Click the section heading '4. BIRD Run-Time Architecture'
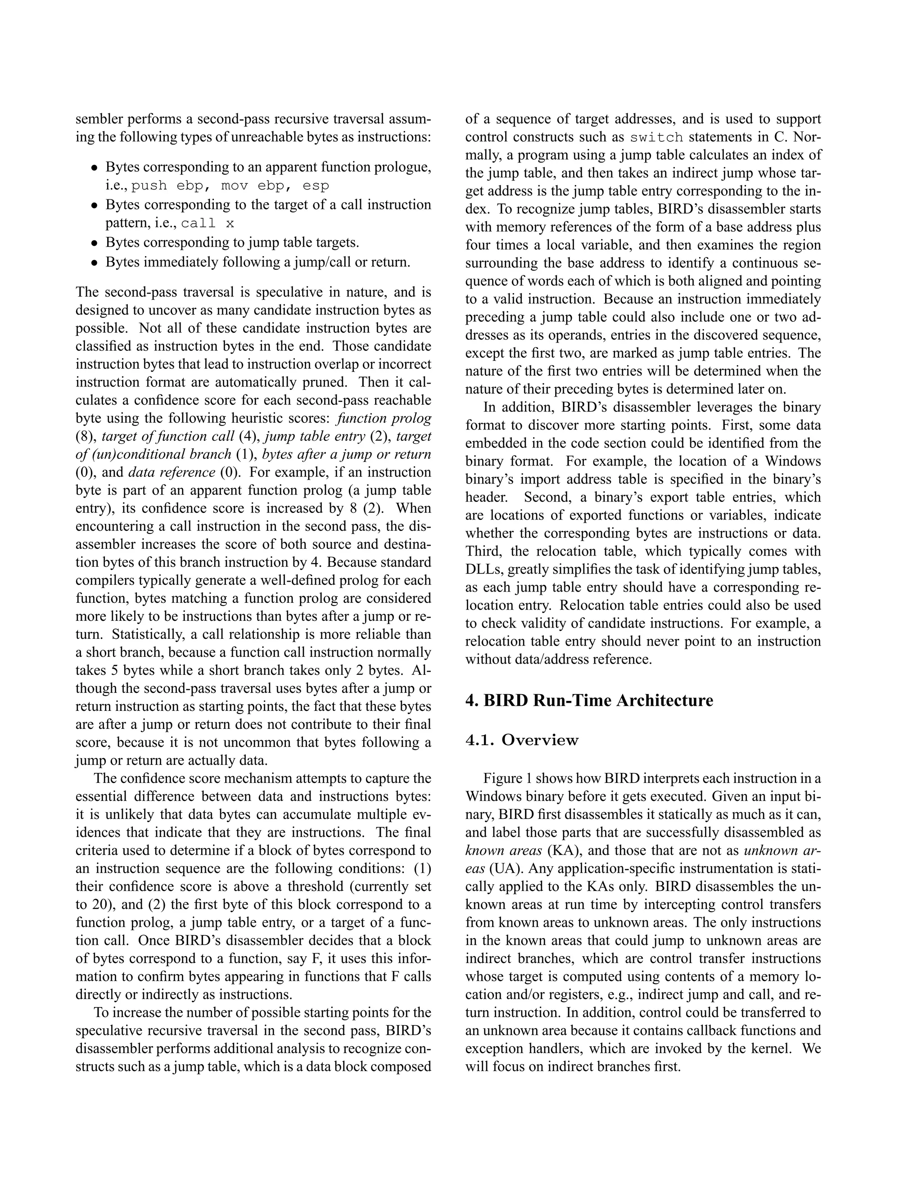tap(589, 700)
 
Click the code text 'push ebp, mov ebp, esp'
tap(230, 186)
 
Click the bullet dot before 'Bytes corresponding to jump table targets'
tap(95, 243)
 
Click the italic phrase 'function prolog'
tap(384, 418)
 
